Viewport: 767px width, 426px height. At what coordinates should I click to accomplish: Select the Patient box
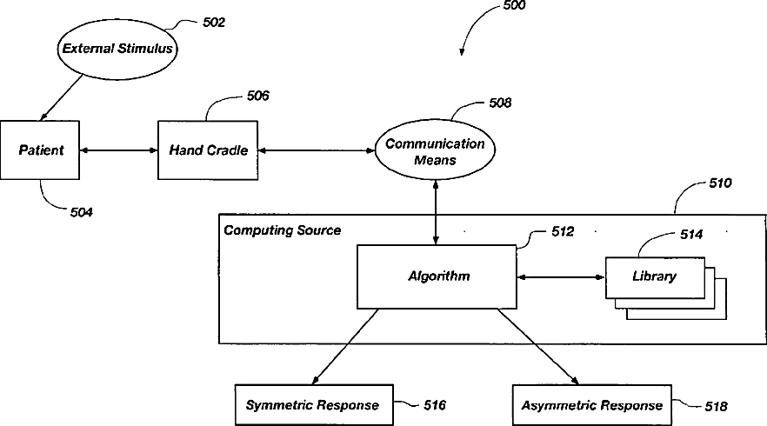(42, 150)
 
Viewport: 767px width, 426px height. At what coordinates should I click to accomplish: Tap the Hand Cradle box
(208, 150)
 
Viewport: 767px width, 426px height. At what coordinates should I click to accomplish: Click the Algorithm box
(438, 276)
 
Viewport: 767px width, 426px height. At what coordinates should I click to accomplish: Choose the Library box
(654, 277)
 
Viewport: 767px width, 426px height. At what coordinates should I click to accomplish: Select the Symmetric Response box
(312, 405)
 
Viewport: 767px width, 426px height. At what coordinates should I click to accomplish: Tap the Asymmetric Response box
(591, 405)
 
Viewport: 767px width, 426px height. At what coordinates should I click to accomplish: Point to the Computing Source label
(283, 230)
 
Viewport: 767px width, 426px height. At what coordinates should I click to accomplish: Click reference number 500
(514, 6)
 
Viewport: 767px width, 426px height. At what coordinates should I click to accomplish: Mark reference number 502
(212, 23)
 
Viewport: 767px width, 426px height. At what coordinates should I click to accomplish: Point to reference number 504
(80, 211)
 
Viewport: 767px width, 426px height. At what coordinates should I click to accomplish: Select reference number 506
(257, 96)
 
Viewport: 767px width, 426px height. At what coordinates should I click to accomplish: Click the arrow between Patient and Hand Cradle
(119, 150)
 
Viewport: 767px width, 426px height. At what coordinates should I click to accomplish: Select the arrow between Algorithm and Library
(561, 277)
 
